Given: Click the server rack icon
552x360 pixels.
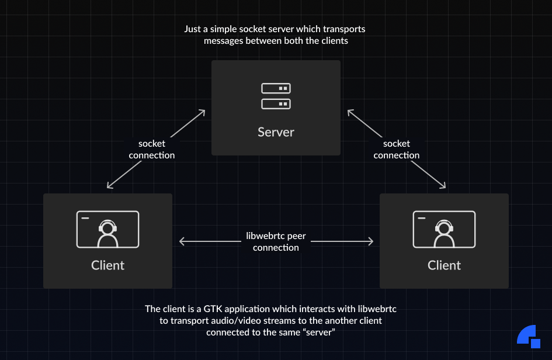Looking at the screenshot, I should tap(276, 96).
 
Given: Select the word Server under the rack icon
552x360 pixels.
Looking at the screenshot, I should tap(276, 132).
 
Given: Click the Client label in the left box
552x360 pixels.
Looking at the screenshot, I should tap(107, 265).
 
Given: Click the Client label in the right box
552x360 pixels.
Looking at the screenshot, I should tap(444, 265).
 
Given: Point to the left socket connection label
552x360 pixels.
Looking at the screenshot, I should tap(152, 149).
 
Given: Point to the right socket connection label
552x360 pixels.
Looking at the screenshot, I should tap(397, 149).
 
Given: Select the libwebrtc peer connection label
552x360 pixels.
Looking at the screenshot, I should tap(276, 241).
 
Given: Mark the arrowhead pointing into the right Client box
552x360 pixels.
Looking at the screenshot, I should tap(443, 186).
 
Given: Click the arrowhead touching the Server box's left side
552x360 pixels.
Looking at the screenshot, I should tap(203, 111).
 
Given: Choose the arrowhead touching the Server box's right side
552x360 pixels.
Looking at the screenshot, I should tap(349, 111).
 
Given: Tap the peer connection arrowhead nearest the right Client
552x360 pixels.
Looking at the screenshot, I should tap(370, 241).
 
